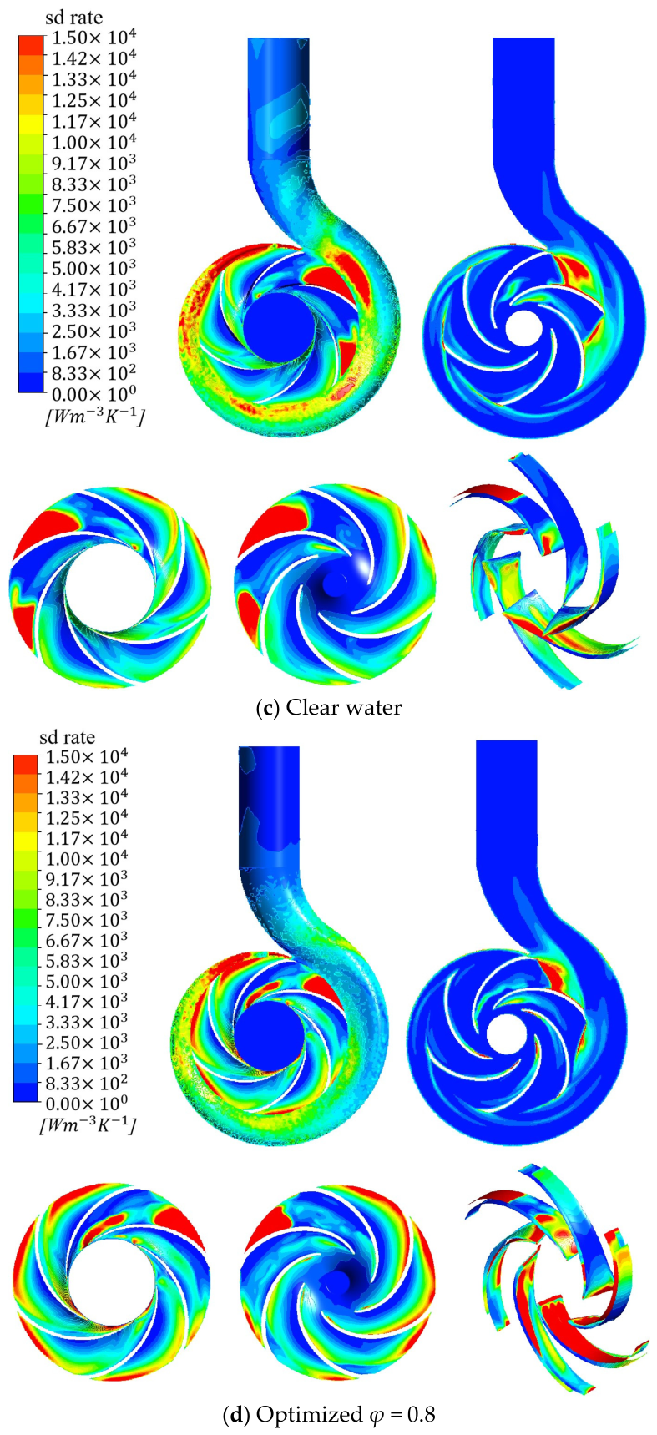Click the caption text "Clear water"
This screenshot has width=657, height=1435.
(x=343, y=708)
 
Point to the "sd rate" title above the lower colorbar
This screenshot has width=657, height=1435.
(x=67, y=737)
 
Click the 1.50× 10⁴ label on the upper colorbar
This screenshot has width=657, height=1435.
(x=94, y=38)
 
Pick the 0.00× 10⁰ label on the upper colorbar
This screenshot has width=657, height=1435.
(x=94, y=393)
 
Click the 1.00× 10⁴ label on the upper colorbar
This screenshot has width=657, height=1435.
(x=94, y=142)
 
